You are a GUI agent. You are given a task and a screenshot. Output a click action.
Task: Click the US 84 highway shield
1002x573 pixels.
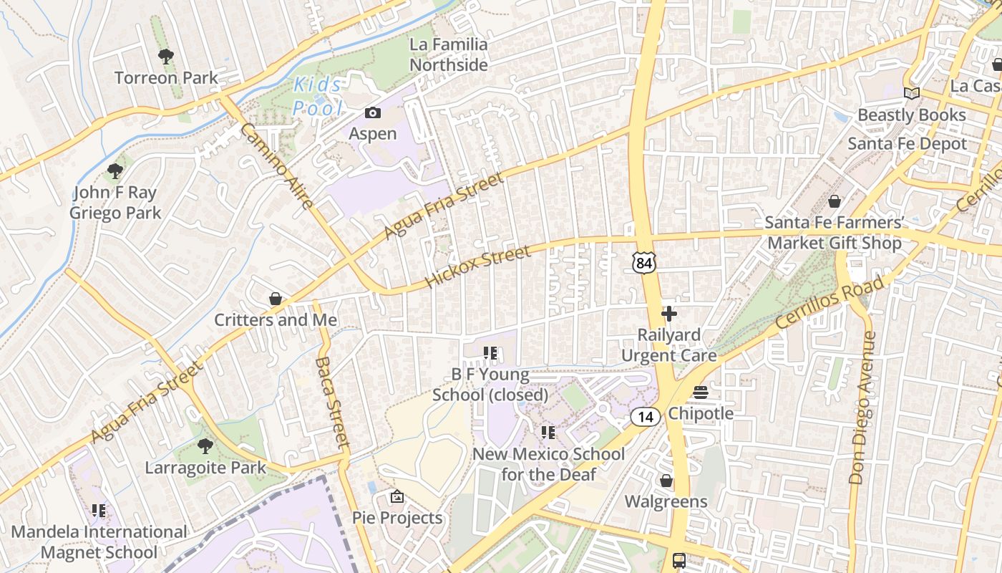pos(643,263)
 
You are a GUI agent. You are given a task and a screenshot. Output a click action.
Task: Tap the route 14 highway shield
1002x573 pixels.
pos(646,417)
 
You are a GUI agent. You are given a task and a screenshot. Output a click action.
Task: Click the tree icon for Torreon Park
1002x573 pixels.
pos(166,56)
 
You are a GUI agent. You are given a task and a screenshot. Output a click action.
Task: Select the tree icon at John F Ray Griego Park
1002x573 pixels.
pos(115,171)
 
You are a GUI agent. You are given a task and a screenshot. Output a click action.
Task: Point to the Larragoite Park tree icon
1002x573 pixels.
pos(205,446)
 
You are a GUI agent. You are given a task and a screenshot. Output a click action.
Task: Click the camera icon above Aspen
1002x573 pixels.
pos(373,112)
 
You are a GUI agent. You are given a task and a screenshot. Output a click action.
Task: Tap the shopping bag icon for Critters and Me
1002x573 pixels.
pos(276,298)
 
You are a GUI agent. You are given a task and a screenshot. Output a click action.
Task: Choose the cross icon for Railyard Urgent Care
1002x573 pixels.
pos(669,314)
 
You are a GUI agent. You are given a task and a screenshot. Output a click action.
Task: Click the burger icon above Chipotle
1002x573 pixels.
pos(701,393)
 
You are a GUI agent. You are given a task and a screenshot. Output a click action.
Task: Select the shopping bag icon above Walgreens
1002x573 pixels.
pos(666,481)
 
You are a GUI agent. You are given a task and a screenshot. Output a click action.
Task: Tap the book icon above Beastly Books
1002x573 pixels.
pos(911,94)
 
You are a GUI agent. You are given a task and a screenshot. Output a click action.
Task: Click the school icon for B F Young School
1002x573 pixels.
pos(490,352)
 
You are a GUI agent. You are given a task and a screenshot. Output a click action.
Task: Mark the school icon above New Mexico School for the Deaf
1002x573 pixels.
pos(548,432)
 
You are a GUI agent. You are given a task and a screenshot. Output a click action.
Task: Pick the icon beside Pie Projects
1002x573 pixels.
pos(397,496)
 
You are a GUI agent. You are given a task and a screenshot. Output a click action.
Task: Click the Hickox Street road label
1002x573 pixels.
pos(477,266)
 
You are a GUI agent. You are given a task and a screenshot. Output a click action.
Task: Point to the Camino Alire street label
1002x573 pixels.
pos(276,166)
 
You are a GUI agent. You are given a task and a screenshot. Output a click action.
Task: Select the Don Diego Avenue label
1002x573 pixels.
pos(862,407)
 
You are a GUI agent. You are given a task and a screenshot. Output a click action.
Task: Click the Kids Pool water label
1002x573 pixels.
pos(318,96)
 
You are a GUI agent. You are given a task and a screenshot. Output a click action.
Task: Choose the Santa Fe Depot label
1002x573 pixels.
pos(907,143)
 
